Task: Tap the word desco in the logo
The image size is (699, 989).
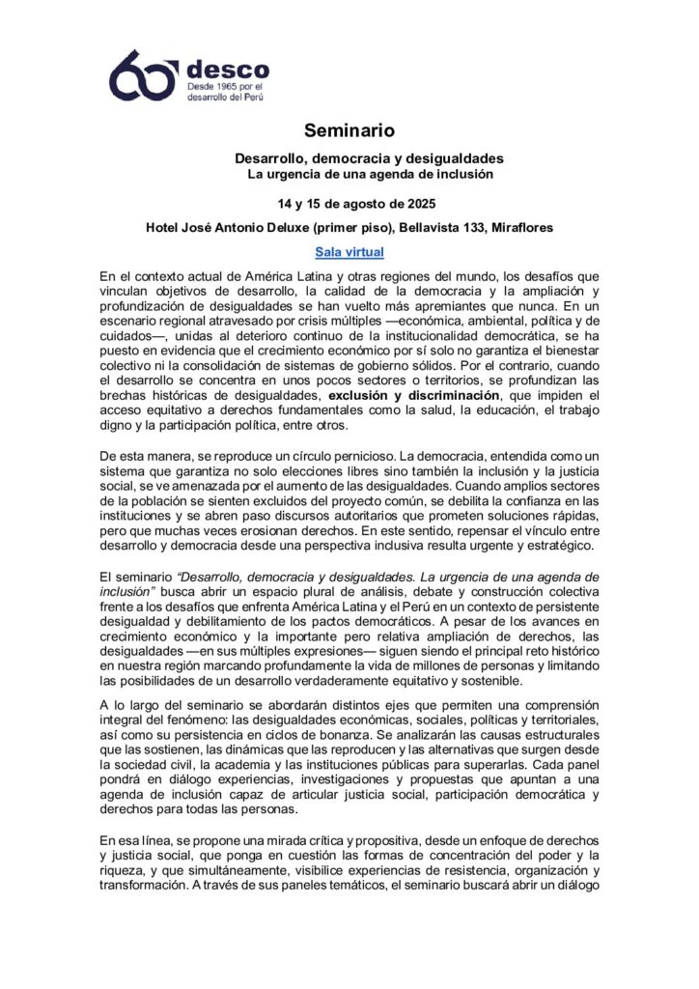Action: click(x=227, y=69)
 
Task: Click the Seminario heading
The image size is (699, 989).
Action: click(x=349, y=129)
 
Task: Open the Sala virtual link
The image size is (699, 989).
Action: click(x=349, y=252)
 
